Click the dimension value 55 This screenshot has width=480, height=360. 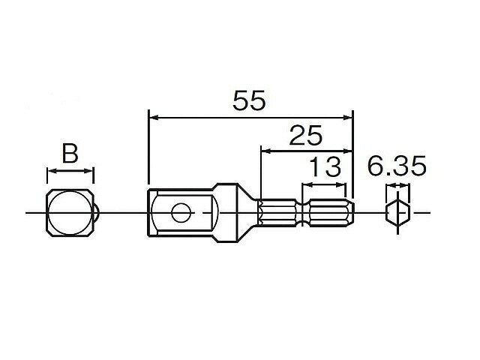249,101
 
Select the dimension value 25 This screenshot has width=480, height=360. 305,136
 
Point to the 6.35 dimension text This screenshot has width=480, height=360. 397,166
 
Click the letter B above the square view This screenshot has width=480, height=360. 70,154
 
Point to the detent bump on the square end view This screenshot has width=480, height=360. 97,213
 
